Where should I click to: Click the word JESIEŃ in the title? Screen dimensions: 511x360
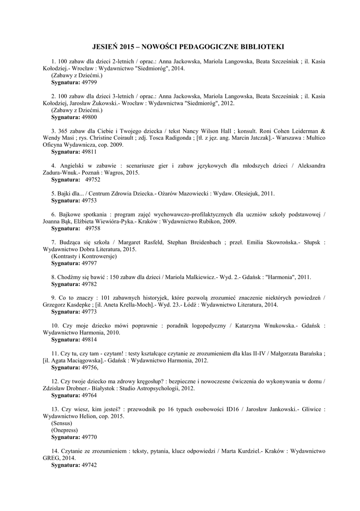click(105, 47)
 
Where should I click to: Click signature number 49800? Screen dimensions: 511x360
click(88, 117)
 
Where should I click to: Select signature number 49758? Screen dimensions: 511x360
click(92, 228)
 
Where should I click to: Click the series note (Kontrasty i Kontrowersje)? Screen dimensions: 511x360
click(84, 256)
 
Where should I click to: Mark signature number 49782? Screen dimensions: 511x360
click(88, 283)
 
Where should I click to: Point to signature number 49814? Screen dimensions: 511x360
click(88, 339)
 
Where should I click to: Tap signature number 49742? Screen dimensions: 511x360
click(88, 465)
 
